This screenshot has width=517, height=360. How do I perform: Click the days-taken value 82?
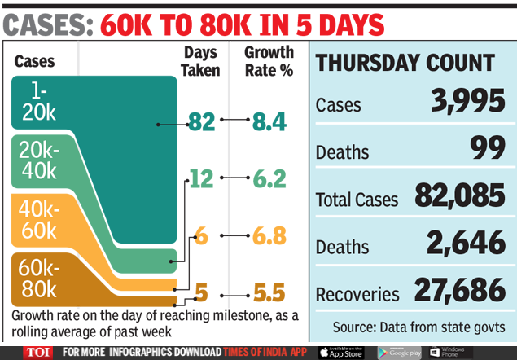click(200, 122)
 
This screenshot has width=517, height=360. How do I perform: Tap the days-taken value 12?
click(200, 178)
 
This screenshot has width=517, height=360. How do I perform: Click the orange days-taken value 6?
click(201, 236)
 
